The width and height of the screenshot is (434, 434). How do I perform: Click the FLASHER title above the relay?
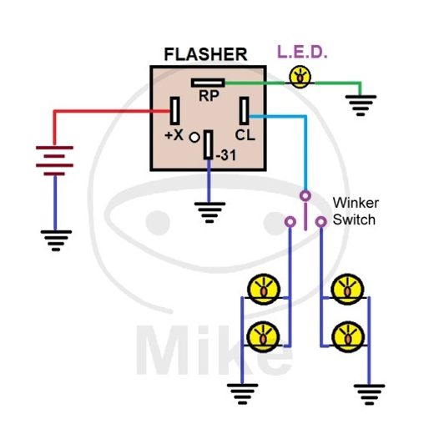coord(205,54)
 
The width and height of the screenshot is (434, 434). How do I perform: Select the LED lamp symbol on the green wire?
coord(299,77)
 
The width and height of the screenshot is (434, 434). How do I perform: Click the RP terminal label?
coord(208,96)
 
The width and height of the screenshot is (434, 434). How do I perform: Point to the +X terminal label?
coord(174,134)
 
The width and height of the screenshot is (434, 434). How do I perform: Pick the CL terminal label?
coord(245,134)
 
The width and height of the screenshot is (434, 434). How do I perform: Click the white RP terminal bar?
coord(207,83)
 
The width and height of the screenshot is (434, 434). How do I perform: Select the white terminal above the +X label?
coord(176,112)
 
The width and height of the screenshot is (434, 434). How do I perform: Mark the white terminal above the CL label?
coord(245,112)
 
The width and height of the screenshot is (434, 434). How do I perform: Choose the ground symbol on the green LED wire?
coord(360,104)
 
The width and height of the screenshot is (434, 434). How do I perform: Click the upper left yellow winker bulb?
coord(262,290)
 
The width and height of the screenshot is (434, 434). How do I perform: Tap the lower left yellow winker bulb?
coord(262,336)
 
